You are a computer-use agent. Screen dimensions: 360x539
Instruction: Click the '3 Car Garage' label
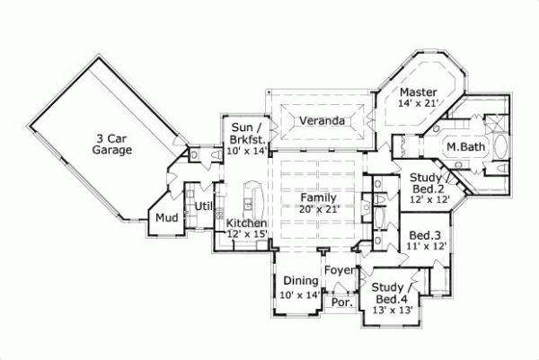tap(111, 144)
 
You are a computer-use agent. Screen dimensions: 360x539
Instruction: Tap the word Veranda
tap(323, 120)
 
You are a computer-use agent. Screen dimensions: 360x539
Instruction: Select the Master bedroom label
tap(419, 92)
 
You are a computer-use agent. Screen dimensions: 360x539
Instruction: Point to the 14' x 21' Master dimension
tap(419, 104)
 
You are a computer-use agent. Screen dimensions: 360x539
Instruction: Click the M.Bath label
tap(465, 145)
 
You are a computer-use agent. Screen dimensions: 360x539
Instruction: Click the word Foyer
tap(339, 269)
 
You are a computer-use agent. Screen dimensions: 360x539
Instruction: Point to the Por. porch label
tap(340, 303)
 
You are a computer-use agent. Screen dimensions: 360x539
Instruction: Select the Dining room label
tap(299, 281)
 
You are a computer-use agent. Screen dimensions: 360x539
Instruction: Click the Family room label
tap(317, 197)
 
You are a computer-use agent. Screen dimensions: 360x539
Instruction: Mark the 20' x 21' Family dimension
tap(317, 208)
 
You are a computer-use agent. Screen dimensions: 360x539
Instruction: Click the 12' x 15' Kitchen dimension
tap(247, 234)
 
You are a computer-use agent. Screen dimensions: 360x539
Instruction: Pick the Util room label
tap(202, 206)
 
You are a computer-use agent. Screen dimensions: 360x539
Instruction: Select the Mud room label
tap(165, 217)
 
